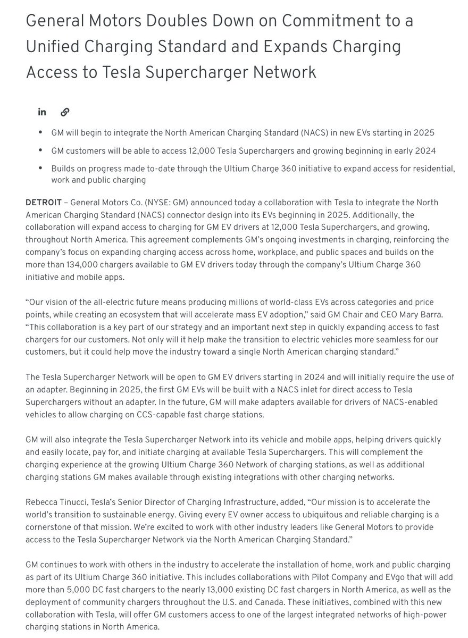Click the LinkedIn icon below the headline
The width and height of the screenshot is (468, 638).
[x=42, y=112]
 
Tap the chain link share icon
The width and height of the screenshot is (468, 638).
[x=65, y=112]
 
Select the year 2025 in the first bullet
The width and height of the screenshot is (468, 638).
[x=425, y=132]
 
